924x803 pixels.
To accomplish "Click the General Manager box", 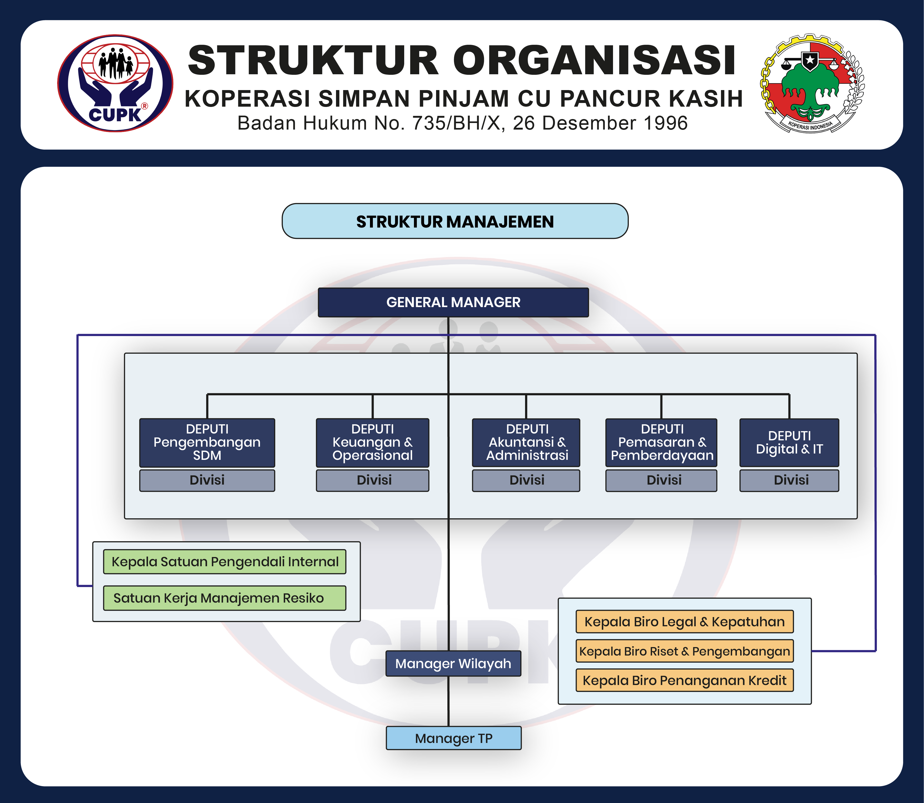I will click(x=453, y=302).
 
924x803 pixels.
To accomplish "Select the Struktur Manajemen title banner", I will click(x=455, y=221).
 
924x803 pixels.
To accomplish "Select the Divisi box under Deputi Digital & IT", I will click(x=789, y=480).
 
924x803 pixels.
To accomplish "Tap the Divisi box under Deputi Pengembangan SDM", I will click(x=207, y=480).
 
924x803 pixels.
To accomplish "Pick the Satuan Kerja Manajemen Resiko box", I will click(x=225, y=598).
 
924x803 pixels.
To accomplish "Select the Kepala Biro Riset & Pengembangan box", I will click(x=684, y=651).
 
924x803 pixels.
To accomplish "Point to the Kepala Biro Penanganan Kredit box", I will click(x=684, y=680).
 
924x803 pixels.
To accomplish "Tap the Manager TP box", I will click(x=453, y=738).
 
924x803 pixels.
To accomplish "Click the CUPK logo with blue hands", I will click(x=115, y=84).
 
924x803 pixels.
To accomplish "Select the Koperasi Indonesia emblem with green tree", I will click(x=812, y=84).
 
